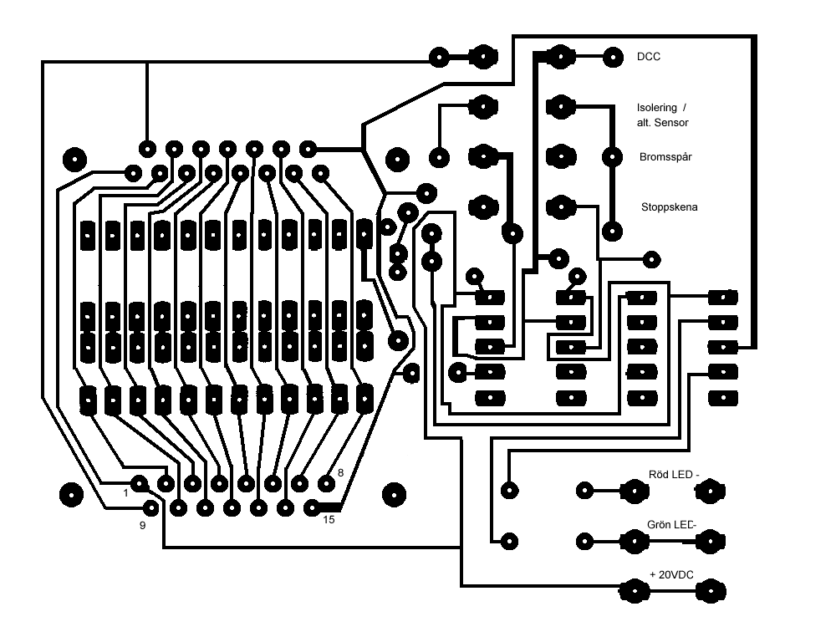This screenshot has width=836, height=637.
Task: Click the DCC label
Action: [649, 57]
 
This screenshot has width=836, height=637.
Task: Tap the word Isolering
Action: [656, 108]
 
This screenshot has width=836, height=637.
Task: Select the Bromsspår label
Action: [665, 157]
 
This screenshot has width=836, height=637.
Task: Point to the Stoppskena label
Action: [669, 206]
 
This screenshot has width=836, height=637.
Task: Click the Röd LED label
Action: [673, 475]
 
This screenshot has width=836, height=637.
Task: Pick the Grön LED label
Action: [672, 524]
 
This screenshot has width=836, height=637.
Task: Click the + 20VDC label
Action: [672, 574]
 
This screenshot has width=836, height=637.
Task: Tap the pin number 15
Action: [329, 519]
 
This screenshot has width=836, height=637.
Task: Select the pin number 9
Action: [142, 526]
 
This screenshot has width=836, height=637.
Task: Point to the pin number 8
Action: [341, 473]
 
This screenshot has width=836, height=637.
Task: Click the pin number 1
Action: [126, 493]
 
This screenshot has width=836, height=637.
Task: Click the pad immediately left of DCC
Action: [613, 57]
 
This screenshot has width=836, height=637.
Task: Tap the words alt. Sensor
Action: [662, 123]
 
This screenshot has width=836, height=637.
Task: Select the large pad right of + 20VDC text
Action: [711, 591]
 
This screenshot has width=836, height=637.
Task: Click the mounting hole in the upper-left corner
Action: [74, 160]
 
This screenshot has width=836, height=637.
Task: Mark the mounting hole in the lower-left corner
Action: [71, 495]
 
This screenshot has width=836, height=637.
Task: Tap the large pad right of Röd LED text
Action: [711, 491]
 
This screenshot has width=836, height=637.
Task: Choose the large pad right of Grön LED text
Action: [711, 542]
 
